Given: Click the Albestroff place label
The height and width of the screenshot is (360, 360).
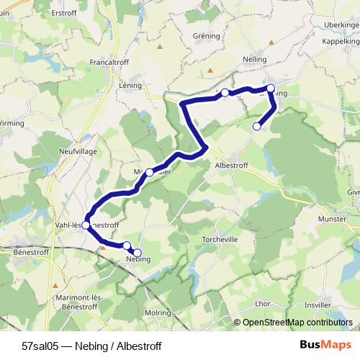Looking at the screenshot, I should tap(233, 164).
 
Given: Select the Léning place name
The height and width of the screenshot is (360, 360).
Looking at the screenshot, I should tap(130, 84).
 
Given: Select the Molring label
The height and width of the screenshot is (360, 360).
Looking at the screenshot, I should tap(157, 314).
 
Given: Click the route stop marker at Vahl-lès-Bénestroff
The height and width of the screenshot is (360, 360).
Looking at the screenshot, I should tap(86, 225).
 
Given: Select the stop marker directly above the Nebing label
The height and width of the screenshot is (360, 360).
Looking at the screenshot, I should tap(127, 246).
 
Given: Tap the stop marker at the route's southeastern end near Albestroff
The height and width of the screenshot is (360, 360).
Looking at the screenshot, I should tap(257, 127).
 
